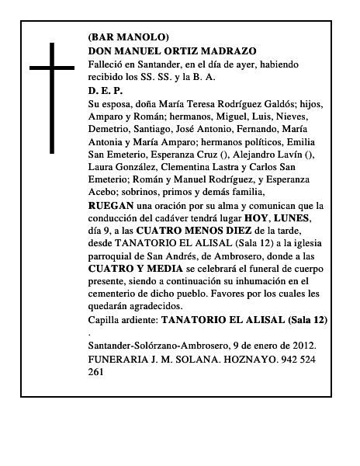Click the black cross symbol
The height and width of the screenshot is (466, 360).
[x=54, y=96]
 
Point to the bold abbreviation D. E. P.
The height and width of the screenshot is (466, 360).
[x=106, y=90]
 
